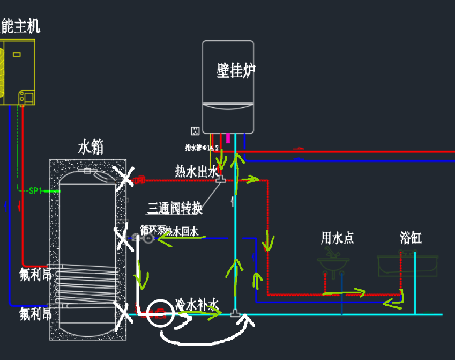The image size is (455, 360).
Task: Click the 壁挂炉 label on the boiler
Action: pos(236,70)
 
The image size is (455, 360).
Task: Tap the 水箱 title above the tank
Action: pos(91,148)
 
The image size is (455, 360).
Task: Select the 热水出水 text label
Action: pos(196,171)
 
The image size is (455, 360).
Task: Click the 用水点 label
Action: pos(337,238)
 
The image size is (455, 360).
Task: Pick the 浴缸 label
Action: pos(411,238)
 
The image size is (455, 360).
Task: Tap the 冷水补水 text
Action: pos(197,305)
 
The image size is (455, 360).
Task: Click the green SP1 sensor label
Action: pos(35,190)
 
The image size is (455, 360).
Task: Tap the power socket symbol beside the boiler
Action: pos(195,130)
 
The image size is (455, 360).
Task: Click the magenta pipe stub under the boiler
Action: pos(228,137)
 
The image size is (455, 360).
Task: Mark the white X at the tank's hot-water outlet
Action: pos(126,178)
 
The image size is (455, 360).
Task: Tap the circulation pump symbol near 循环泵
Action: pos(148,238)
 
